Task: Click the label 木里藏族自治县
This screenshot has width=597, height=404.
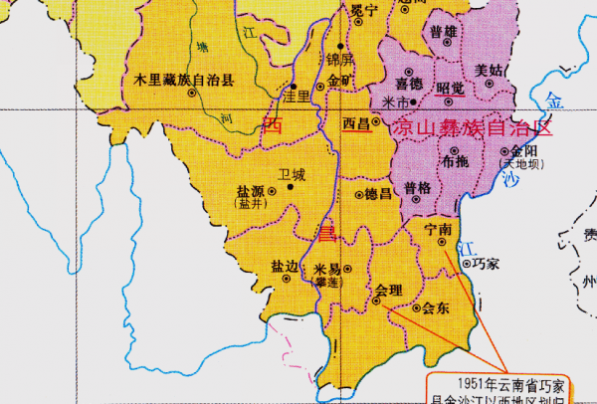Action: click(x=178, y=77)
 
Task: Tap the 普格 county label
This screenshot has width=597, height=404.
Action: click(x=418, y=188)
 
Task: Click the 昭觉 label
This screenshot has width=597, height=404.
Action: click(x=451, y=88)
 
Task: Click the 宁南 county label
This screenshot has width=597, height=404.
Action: click(x=437, y=229)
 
